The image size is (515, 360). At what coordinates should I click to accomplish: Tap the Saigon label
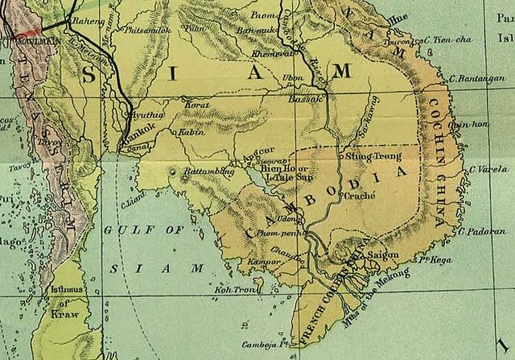tap(382, 255)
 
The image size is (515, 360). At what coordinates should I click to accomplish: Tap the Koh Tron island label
tap(231, 289)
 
